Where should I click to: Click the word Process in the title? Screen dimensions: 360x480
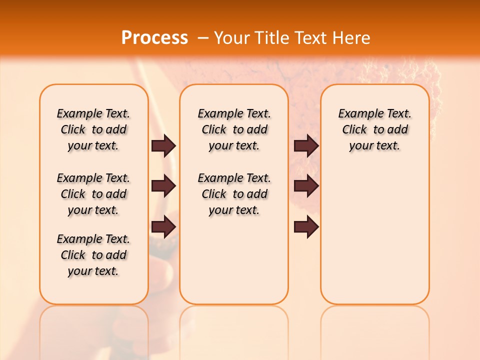pyautogui.click(x=154, y=37)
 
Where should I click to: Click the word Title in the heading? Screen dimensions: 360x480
pyautogui.click(x=273, y=37)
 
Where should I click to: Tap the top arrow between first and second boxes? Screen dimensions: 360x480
pyautogui.click(x=163, y=145)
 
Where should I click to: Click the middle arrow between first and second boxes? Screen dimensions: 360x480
pyautogui.click(x=163, y=186)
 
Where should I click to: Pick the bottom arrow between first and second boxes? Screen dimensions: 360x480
pyautogui.click(x=163, y=227)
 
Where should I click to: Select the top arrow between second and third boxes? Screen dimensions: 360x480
pyautogui.click(x=306, y=145)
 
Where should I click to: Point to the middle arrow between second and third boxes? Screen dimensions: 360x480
pyautogui.click(x=306, y=186)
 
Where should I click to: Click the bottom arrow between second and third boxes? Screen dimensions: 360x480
pyautogui.click(x=306, y=227)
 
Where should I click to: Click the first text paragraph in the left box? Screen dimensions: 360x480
pyautogui.click(x=93, y=129)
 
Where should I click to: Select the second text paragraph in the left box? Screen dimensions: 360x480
pyautogui.click(x=93, y=194)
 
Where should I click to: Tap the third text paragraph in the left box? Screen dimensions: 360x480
pyautogui.click(x=93, y=255)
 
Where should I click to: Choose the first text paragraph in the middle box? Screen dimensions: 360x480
pyautogui.click(x=234, y=129)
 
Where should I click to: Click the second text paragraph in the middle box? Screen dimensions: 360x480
pyautogui.click(x=234, y=194)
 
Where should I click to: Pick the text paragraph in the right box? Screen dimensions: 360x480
pyautogui.click(x=374, y=129)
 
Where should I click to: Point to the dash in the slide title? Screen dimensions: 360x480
pyautogui.click(x=203, y=37)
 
